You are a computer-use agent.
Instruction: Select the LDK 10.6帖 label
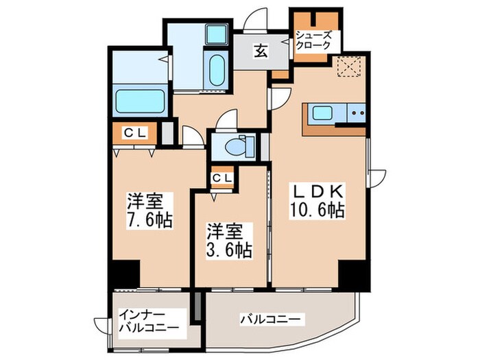pos(320,201)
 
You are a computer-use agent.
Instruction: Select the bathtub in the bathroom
pos(140,101)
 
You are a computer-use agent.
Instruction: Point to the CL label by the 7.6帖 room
pos(135,134)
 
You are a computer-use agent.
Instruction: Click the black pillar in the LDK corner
pos(354,275)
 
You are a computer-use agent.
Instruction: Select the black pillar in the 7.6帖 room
pos(124,274)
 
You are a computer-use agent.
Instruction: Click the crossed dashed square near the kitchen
pos(348,67)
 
